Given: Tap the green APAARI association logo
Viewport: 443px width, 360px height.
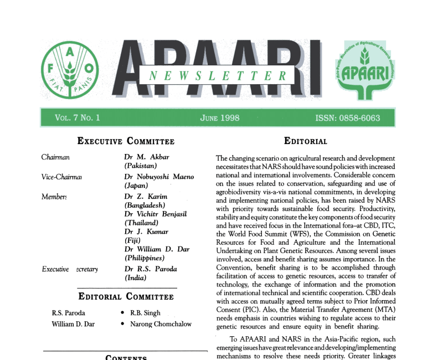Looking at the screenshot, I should (x=368, y=69).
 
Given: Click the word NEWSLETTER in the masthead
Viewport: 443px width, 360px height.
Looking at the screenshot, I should (x=219, y=76).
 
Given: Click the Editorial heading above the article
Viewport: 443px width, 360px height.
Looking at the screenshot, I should (x=305, y=141).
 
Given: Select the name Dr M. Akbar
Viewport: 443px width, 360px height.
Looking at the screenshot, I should (x=143, y=157).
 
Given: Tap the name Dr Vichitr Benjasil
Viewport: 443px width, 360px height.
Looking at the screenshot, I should (x=157, y=214).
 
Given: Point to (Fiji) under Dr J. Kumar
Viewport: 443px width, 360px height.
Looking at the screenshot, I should (x=133, y=240).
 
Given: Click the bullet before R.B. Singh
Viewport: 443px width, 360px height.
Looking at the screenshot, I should (x=122, y=313).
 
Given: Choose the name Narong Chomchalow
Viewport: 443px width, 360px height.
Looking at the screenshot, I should (x=161, y=324).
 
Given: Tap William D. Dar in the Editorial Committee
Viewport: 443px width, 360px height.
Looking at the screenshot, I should (x=73, y=324).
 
